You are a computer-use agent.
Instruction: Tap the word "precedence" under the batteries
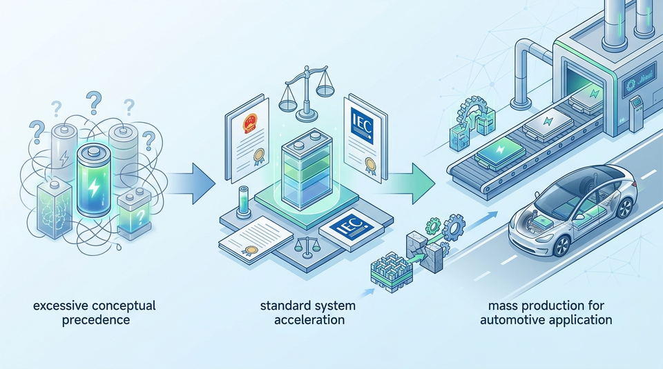(x=96, y=319)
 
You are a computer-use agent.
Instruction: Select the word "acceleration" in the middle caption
(x=309, y=319)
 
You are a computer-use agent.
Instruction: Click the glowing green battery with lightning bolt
(x=93, y=179)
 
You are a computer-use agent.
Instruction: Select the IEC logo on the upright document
(x=361, y=126)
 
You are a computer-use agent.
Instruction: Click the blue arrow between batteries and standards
(x=188, y=182)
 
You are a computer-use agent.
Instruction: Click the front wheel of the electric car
(x=562, y=246)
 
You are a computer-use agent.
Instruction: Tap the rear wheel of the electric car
(x=624, y=208)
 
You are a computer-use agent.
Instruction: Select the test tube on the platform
(x=243, y=202)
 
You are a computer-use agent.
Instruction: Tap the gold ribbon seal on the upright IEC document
(x=370, y=164)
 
